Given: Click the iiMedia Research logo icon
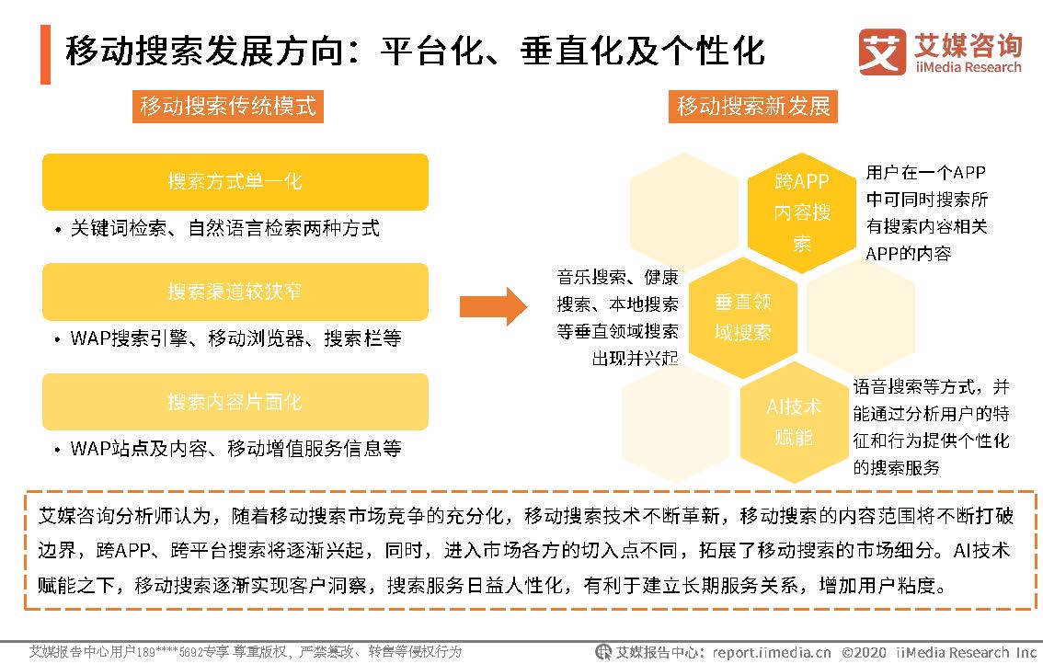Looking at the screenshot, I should pos(881,52).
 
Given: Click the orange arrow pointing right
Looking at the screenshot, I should pos(492,304).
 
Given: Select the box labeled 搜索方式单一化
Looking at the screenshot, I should pos(235,181).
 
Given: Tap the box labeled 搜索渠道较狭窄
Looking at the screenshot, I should pos(235,292).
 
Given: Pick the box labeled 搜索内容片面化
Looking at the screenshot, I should pos(235,402).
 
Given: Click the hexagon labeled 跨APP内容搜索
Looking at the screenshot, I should pos(802,212).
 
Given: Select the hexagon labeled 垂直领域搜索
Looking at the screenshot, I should pos(743,317).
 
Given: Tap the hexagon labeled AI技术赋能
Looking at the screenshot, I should pos(794,421).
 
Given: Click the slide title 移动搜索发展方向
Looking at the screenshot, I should pos(414,51).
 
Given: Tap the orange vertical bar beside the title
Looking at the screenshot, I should pos(45,54).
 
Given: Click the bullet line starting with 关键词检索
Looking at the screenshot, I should pos(224,228).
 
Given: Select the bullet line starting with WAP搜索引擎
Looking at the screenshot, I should pos(235,338).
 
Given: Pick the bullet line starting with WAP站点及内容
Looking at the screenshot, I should pos(235,449).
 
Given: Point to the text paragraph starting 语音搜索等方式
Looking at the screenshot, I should pos(931,427).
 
